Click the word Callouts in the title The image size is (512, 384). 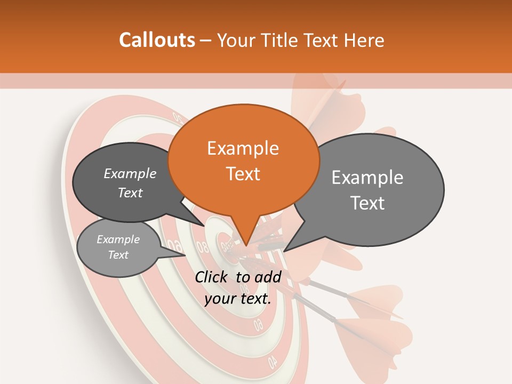(x=157, y=40)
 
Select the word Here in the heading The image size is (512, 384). (x=365, y=41)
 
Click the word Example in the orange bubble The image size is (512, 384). (x=243, y=148)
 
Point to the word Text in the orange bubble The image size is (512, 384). (x=243, y=174)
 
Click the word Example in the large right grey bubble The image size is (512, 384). (x=367, y=178)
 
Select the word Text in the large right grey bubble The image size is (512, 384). (x=368, y=203)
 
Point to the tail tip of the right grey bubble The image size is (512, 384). (x=285, y=251)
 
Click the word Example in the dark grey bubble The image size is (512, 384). (x=130, y=174)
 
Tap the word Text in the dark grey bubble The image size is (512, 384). (x=130, y=193)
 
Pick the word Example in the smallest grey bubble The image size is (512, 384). (x=118, y=239)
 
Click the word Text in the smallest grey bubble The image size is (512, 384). (x=118, y=255)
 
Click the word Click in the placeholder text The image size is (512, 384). (x=212, y=277)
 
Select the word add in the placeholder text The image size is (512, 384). (x=268, y=277)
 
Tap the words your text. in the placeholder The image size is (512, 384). (x=237, y=299)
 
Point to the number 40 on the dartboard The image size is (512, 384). (x=273, y=362)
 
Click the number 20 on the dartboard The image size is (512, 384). (x=178, y=118)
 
